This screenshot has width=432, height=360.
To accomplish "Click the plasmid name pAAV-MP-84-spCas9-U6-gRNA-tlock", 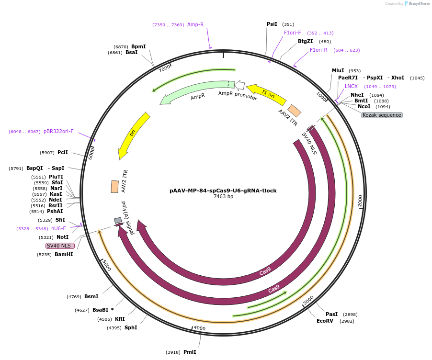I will click(x=223, y=191).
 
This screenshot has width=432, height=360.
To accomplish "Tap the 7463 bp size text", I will click(x=223, y=197).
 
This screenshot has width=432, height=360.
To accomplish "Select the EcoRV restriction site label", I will click(x=325, y=321).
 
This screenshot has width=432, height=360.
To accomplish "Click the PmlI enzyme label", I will click(x=190, y=352).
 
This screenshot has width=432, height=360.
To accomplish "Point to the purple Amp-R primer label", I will click(x=195, y=24).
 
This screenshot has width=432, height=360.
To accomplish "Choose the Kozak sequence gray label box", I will click(x=382, y=115).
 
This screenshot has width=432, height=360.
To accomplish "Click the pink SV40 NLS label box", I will click(x=60, y=246).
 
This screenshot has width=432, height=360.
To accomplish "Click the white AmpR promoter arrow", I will click(x=240, y=86).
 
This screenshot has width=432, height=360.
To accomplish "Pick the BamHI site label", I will click(x=64, y=255).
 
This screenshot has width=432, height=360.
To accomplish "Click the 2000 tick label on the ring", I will click(x=360, y=202).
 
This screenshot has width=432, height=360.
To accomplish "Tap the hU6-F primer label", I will click(x=58, y=229).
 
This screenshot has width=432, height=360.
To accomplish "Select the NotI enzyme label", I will click(x=62, y=237).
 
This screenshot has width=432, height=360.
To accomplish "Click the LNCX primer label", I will click(x=351, y=86).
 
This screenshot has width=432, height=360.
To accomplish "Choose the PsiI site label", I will click(x=272, y=24).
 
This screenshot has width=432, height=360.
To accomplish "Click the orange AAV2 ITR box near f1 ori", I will click(x=295, y=111).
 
